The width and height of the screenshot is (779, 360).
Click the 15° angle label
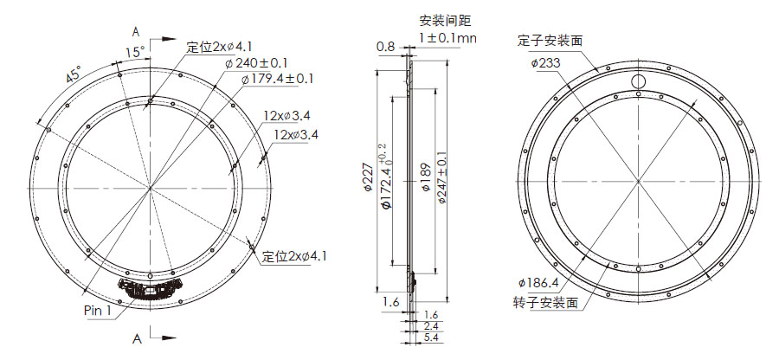pos(133,53)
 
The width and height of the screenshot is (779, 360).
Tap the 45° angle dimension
pos(74,75)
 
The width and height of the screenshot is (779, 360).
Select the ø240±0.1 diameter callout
pos(257,62)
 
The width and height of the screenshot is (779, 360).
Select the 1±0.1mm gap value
pos(448,38)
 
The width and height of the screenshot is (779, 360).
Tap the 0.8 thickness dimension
pos(385,47)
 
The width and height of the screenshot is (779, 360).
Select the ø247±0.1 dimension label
pos(441,180)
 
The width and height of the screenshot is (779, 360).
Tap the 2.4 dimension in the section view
pos(431,327)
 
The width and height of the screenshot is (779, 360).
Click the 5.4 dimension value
pos(431,338)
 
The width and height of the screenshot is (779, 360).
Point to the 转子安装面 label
pos(544,302)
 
